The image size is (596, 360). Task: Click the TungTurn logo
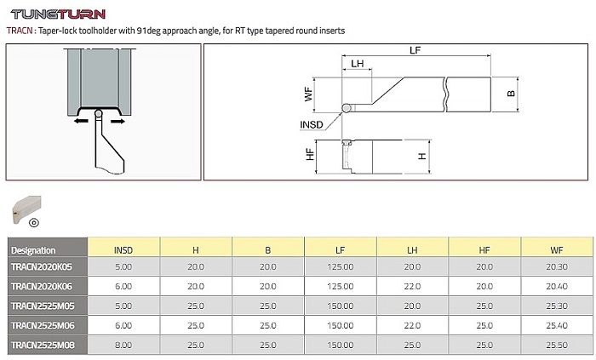point(58,14)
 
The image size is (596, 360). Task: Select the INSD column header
point(123,250)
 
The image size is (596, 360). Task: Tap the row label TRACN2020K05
point(42,266)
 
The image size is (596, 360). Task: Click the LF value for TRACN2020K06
point(341,286)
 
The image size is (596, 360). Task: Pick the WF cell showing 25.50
point(557,346)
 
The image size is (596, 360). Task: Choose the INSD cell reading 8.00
point(123,346)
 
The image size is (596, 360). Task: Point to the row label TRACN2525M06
point(43,325)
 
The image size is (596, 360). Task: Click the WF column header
point(557,250)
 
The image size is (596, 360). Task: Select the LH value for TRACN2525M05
point(412,306)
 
